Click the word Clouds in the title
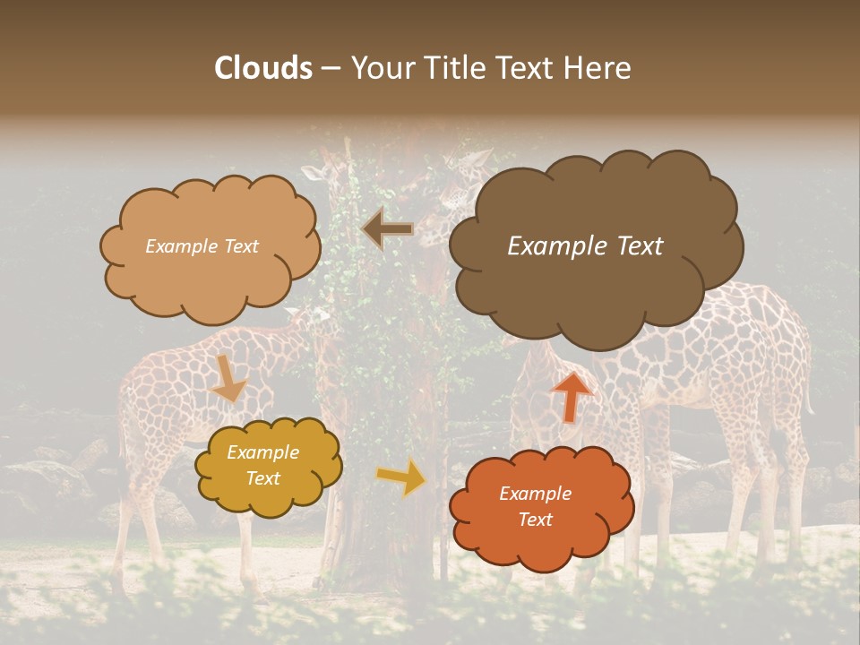click(x=263, y=68)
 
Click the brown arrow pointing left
click(x=388, y=229)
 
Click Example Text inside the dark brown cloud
click(x=585, y=246)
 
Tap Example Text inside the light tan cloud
click(x=202, y=246)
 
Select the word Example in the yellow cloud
click(x=262, y=452)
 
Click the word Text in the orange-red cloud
click(x=535, y=520)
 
